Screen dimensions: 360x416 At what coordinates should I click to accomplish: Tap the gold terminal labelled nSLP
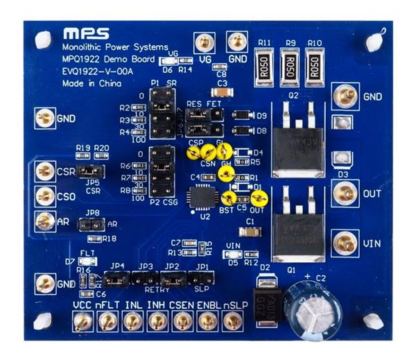[232, 320]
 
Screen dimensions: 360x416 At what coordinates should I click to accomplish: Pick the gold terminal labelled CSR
[46, 170]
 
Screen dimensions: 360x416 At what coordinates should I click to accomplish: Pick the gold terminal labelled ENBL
[207, 320]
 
